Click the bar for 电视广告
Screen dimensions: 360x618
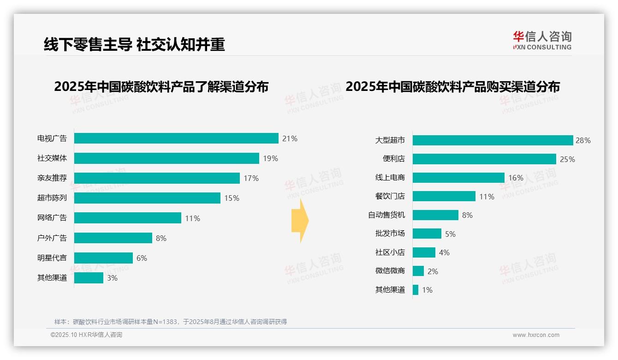[x=176, y=138]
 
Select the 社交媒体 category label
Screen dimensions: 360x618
[x=52, y=158]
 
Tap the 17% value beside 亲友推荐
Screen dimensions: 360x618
[x=251, y=178]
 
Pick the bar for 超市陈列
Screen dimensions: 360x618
[x=147, y=198]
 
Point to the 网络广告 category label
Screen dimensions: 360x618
[x=52, y=218]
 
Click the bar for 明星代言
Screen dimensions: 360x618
[x=103, y=258]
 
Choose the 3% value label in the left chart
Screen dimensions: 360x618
[x=112, y=278]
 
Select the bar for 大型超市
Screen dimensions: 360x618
[x=493, y=140]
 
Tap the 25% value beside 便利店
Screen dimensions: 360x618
[x=567, y=159]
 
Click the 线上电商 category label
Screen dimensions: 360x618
[x=390, y=178]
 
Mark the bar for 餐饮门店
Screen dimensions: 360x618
[x=444, y=196]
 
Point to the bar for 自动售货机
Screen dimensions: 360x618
[x=435, y=215]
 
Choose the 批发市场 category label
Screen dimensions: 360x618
[x=390, y=234]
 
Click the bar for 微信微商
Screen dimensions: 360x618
[x=418, y=271]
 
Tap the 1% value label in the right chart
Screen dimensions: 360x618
[x=427, y=290]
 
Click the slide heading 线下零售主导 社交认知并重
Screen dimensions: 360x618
[x=134, y=44]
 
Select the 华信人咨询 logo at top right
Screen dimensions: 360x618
[x=542, y=40]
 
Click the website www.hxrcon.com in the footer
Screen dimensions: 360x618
[x=536, y=335]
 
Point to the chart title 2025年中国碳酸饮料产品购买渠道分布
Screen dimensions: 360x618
[x=452, y=87]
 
